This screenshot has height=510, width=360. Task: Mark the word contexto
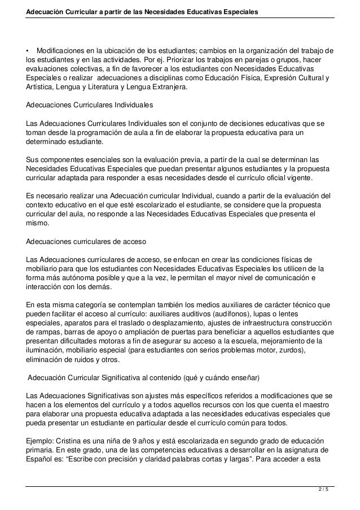tap(41, 204)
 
